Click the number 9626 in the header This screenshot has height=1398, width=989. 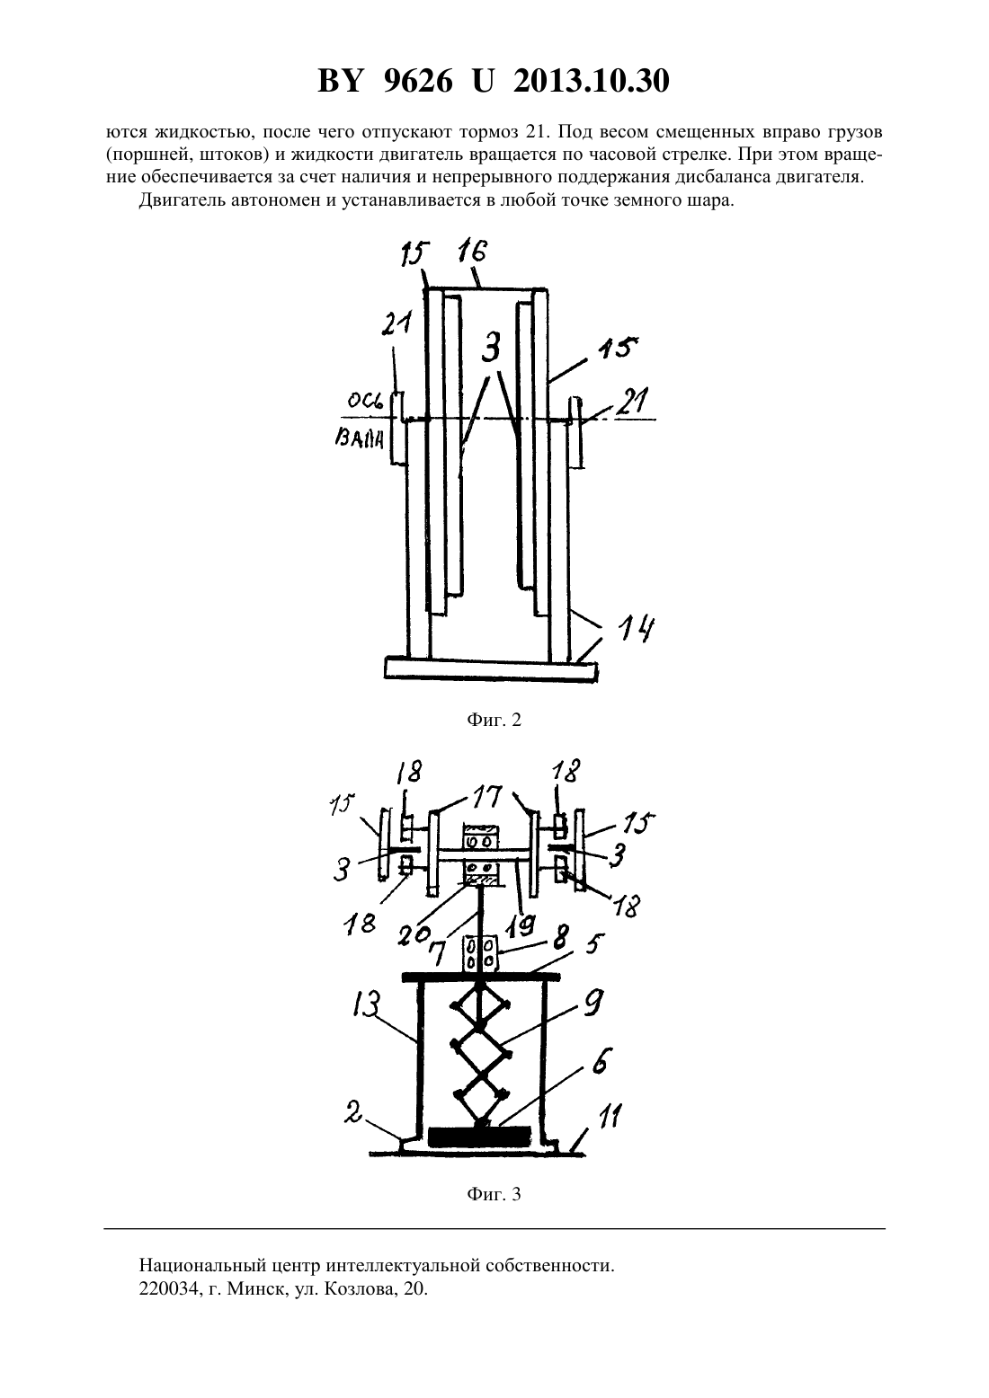click(x=416, y=82)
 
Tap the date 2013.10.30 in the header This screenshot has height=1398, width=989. click(x=592, y=82)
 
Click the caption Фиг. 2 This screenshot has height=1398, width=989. click(x=494, y=721)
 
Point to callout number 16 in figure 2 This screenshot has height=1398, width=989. click(x=471, y=253)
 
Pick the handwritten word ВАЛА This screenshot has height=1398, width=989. click(x=359, y=440)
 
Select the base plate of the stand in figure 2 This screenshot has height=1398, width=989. click(x=492, y=670)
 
